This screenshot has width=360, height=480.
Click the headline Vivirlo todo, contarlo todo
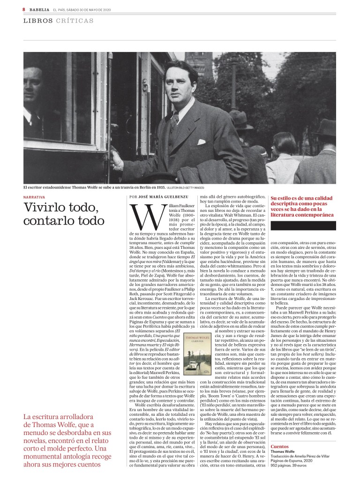[x=61, y=213]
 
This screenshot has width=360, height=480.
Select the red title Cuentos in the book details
[x=280, y=447]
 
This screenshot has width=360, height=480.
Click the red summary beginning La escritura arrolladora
[x=68, y=440]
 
